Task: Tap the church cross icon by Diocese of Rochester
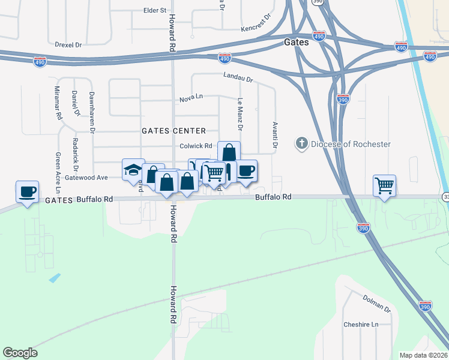tap(301, 143)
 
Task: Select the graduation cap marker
tap(133, 170)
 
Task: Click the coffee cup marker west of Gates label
tap(27, 192)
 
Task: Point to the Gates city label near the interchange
tap(296, 43)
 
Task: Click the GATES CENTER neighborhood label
tap(173, 131)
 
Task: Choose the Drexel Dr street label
tap(68, 44)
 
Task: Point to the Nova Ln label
tap(191, 100)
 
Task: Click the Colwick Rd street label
tap(196, 146)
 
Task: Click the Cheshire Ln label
tap(361, 325)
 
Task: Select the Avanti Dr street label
tap(275, 136)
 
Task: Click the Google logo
tap(20, 353)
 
